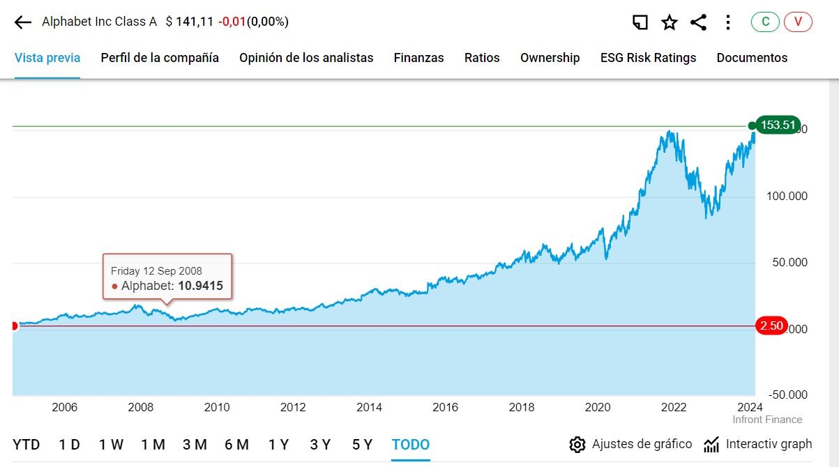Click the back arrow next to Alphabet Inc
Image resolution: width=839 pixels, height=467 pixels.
point(23,22)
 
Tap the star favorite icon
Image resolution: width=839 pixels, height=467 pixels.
point(670,22)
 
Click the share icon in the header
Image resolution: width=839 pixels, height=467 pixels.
point(698,22)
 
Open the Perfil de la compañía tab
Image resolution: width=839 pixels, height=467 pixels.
point(160,58)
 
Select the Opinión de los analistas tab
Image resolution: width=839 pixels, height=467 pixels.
point(306,58)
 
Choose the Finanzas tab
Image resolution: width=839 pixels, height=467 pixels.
point(418,58)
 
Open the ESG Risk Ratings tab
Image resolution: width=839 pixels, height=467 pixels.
point(648,58)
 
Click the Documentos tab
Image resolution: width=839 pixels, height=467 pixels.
point(752,58)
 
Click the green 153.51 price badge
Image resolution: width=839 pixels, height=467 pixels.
point(778,125)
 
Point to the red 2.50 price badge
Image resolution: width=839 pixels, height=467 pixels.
point(772,326)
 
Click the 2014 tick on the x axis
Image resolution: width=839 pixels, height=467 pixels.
point(369,408)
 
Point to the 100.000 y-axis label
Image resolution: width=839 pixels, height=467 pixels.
point(787,197)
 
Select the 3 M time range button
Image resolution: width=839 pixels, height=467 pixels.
point(195,445)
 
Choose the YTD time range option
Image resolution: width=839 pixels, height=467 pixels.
point(27,445)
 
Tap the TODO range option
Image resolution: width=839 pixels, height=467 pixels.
point(411,445)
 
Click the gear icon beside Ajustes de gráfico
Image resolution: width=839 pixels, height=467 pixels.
point(577,445)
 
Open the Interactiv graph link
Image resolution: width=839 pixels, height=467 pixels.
point(758,444)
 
